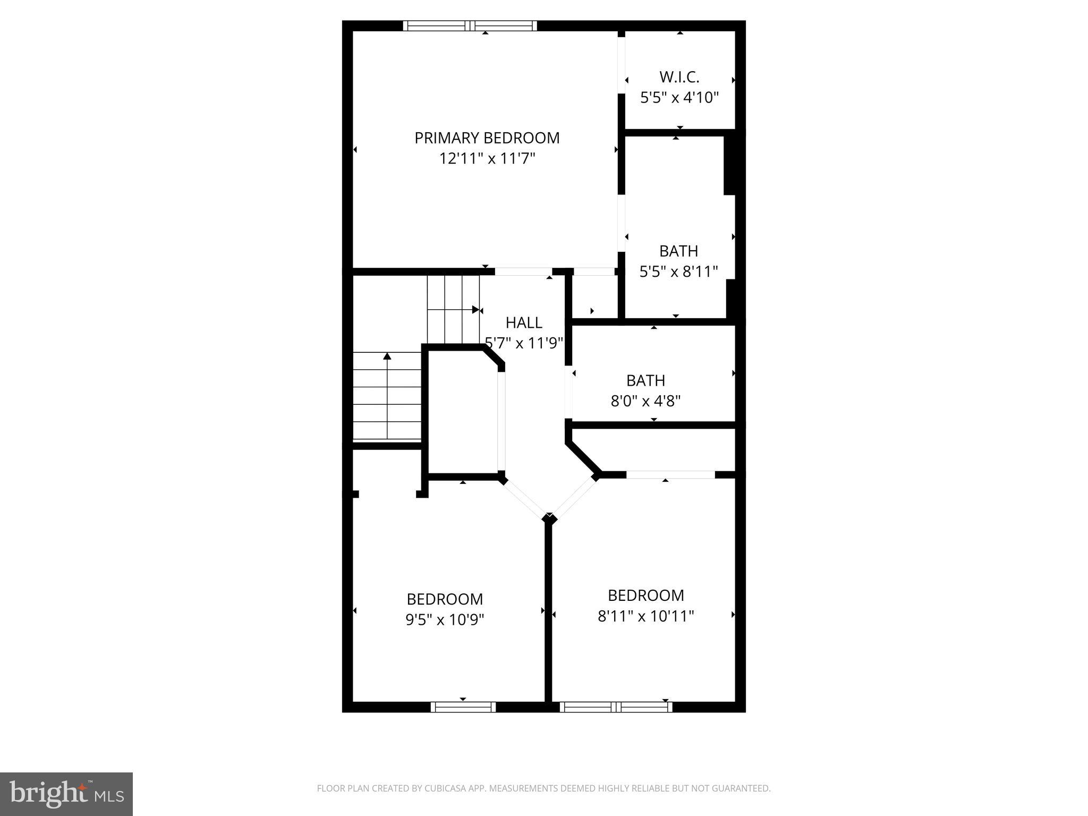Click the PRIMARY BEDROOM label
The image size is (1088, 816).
487,138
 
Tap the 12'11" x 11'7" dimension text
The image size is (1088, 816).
487,159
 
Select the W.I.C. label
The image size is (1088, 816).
679,78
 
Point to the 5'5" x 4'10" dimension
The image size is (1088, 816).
679,98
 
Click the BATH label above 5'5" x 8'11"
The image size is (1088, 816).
678,251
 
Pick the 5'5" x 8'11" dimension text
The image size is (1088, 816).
678,272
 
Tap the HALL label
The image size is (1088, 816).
524,323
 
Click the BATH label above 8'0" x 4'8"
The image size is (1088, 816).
645,380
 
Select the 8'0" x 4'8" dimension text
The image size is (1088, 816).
645,401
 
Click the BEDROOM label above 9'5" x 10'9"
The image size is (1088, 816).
445,599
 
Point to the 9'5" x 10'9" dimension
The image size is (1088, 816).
445,620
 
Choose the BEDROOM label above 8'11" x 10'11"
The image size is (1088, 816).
645,595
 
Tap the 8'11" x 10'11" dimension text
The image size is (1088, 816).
645,616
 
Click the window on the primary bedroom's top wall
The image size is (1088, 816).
470,26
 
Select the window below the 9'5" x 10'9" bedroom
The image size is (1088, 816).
463,707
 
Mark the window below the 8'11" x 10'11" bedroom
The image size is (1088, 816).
616,707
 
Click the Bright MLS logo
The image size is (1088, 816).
66,794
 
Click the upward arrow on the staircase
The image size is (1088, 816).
387,356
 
